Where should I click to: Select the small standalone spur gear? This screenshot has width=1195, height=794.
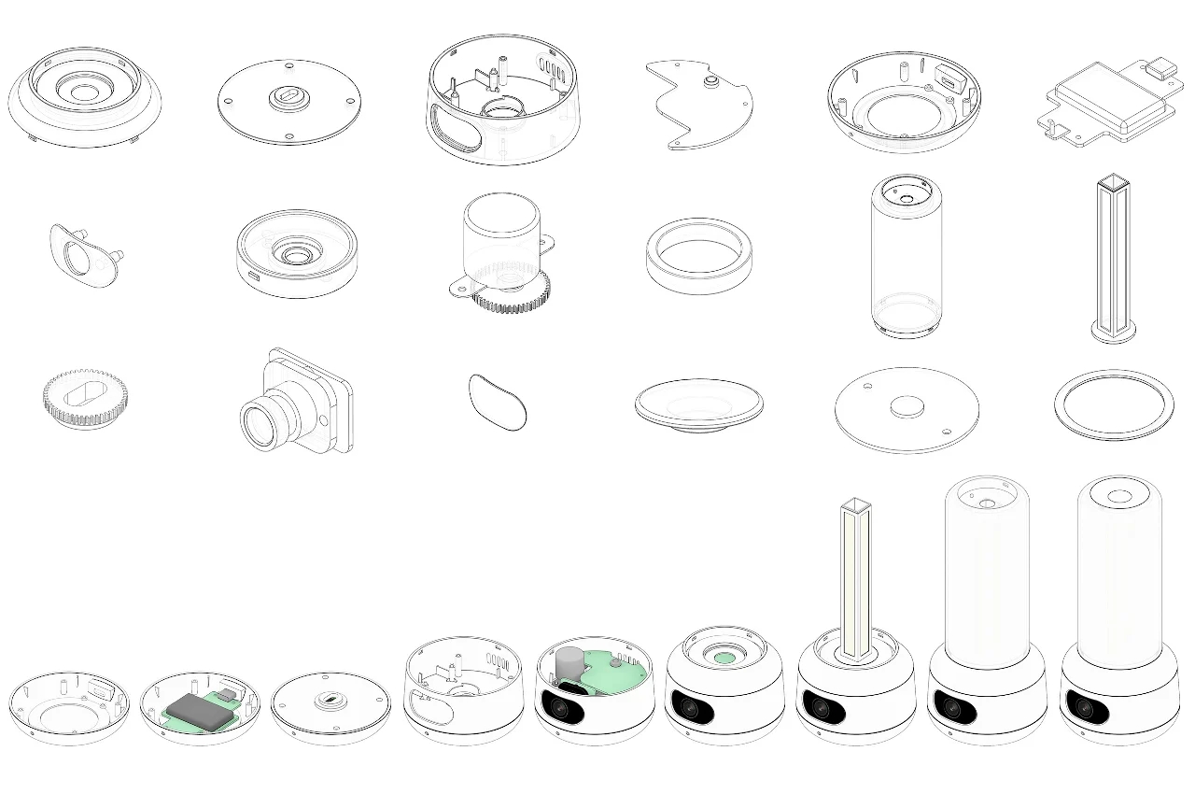[x=84, y=397]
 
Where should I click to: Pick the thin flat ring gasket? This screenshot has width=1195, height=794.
[x=1114, y=405]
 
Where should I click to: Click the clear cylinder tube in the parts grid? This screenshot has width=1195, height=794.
[x=906, y=257]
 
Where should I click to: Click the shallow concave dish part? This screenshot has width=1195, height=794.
[x=698, y=406]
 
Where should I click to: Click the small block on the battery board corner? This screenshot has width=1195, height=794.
[x=1160, y=68]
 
